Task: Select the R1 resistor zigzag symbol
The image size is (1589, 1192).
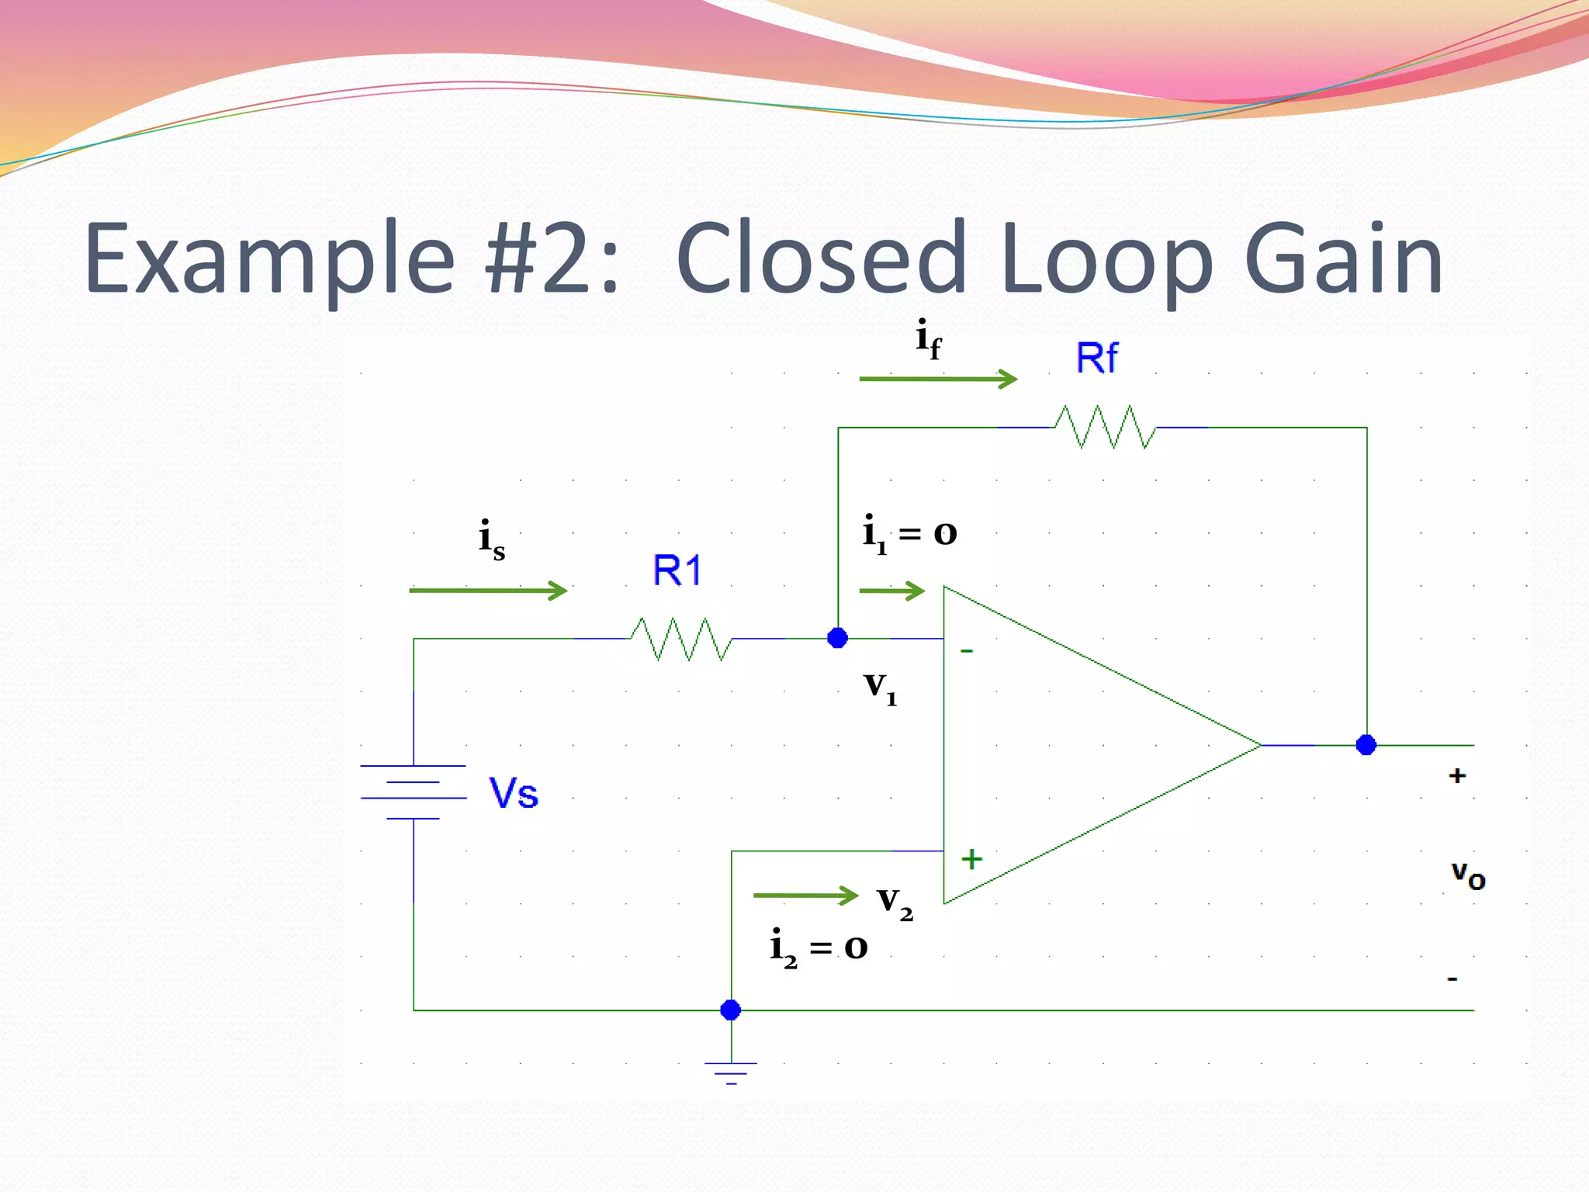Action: click(x=681, y=639)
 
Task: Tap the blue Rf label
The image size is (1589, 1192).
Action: click(x=1096, y=359)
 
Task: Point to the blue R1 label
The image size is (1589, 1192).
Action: click(x=677, y=571)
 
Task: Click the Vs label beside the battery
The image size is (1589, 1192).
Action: click(x=514, y=793)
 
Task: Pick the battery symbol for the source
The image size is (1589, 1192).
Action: click(x=414, y=792)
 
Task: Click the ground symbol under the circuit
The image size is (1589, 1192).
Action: click(x=731, y=1072)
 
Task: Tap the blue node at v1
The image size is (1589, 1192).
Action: click(x=838, y=638)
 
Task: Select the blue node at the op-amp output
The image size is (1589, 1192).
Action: click(x=1366, y=745)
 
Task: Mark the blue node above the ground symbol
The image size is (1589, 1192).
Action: click(x=731, y=1010)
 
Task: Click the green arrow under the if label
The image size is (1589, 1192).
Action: click(x=938, y=379)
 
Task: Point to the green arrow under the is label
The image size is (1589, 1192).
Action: click(x=488, y=591)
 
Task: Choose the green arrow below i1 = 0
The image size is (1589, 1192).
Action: click(x=892, y=591)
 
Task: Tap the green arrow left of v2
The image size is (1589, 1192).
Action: click(x=805, y=896)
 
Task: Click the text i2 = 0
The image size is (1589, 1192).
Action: click(x=819, y=948)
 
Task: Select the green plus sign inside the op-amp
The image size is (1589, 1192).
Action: click(x=971, y=859)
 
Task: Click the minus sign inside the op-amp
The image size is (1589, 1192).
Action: click(x=967, y=651)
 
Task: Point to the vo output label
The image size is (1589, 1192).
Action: click(x=1468, y=875)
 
